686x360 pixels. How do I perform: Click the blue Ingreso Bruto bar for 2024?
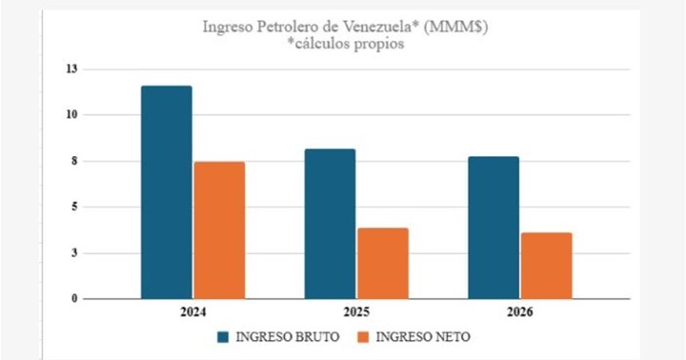click(x=166, y=192)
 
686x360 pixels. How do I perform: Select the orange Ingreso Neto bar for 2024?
click(x=219, y=230)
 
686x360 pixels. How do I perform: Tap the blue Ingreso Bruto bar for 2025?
click(x=330, y=224)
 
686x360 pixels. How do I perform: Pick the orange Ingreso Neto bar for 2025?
click(x=383, y=263)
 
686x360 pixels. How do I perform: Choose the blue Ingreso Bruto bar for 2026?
click(x=494, y=228)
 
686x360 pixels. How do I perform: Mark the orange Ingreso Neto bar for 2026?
click(x=547, y=266)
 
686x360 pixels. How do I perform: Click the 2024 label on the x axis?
click(x=192, y=313)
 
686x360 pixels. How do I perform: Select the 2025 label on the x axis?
click(x=356, y=313)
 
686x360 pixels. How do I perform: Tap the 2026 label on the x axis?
click(x=520, y=313)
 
